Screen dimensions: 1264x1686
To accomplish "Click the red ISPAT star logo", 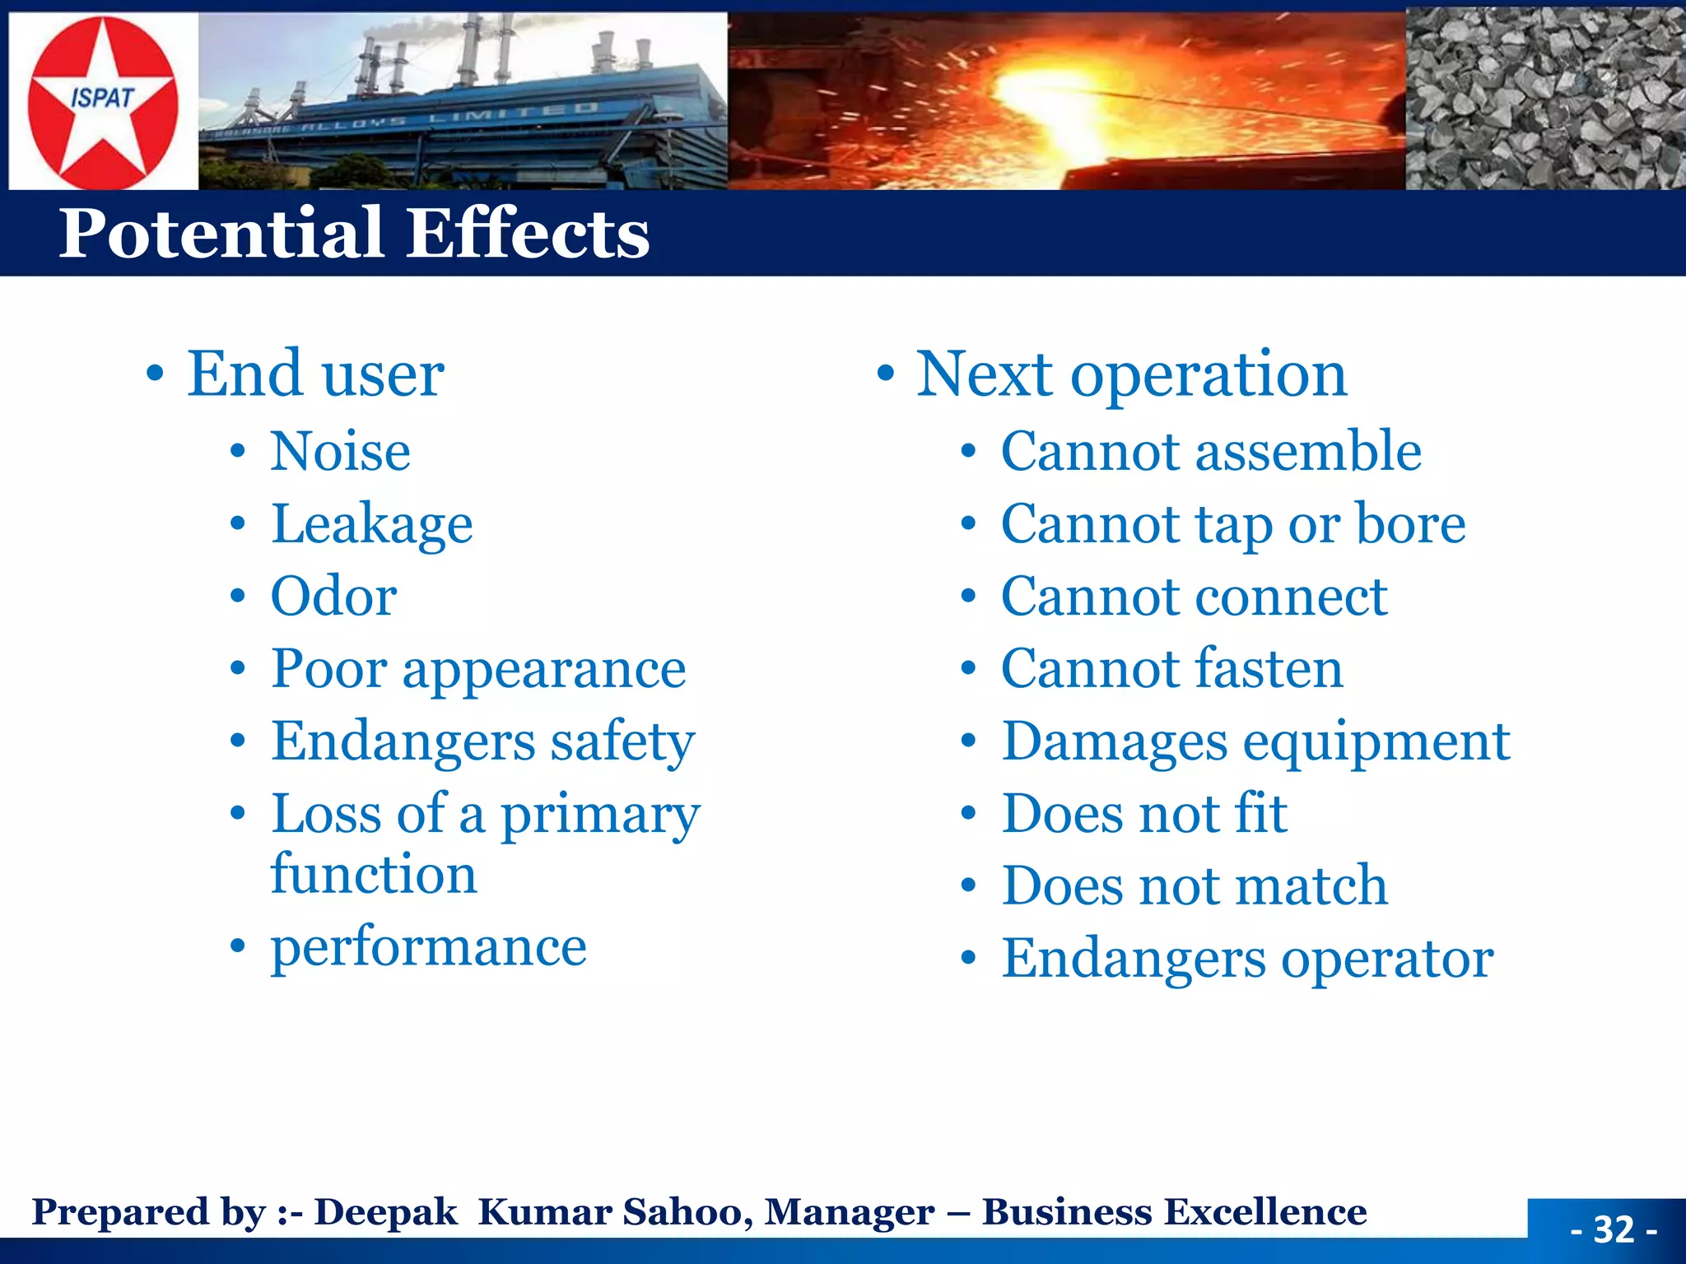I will pyautogui.click(x=102, y=101).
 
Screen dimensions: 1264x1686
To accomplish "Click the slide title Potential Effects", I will pyautogui.click(x=354, y=233).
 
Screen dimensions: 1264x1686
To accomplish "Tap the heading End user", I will pyautogui.click(x=315, y=374).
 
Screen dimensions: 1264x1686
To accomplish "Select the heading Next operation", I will pyautogui.click(x=1131, y=374).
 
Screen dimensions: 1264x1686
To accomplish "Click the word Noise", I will pyautogui.click(x=340, y=452).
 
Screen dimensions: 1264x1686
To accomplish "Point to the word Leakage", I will pyautogui.click(x=372, y=525).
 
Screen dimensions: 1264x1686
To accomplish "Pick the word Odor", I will pyautogui.click(x=333, y=597).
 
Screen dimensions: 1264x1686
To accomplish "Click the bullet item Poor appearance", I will pyautogui.click(x=478, y=669).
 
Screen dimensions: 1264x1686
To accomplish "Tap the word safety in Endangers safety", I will pyautogui.click(x=622, y=741).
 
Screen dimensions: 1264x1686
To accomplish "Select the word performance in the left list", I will pyautogui.click(x=428, y=946).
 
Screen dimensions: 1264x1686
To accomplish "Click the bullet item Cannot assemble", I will pyautogui.click(x=1210, y=452).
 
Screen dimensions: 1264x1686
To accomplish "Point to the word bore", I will pyautogui.click(x=1410, y=524).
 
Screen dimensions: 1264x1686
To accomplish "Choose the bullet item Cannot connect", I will pyautogui.click(x=1194, y=597).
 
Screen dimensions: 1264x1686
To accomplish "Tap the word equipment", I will pyautogui.click(x=1376, y=741).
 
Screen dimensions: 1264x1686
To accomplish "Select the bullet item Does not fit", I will pyautogui.click(x=1144, y=814).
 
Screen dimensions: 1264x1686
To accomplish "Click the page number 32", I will pyautogui.click(x=1613, y=1230).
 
